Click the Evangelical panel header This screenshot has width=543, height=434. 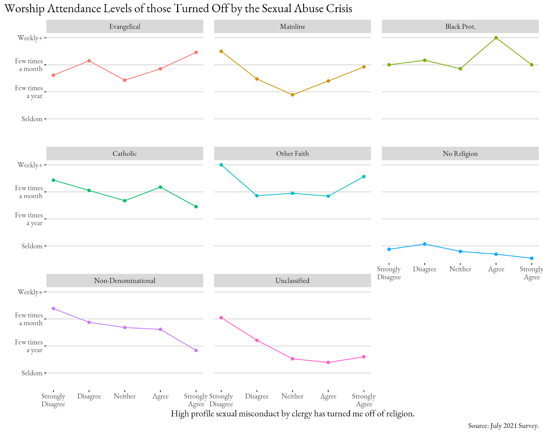[125, 26]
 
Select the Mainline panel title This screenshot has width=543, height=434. [292, 26]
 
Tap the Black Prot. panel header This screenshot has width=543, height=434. [460, 26]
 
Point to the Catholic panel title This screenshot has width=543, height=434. [125, 154]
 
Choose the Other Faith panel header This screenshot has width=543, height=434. [292, 154]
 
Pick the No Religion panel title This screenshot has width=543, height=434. [460, 154]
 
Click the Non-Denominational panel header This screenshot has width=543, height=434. [125, 280]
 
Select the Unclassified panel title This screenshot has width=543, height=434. [292, 280]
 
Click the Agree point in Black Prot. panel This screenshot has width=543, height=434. [496, 38]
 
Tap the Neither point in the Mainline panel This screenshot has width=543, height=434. [293, 95]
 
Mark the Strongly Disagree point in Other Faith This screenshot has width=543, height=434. [221, 165]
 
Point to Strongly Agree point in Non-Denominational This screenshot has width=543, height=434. [196, 350]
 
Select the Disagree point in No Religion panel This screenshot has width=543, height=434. [425, 244]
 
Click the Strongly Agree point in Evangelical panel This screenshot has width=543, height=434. [196, 52]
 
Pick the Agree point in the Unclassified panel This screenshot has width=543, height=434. [328, 362]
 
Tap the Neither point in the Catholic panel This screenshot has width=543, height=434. [125, 201]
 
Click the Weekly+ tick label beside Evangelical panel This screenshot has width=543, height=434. [30, 38]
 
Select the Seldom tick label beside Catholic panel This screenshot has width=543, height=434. [32, 246]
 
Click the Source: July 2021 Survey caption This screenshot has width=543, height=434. [503, 426]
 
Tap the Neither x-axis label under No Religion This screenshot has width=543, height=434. [460, 269]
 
